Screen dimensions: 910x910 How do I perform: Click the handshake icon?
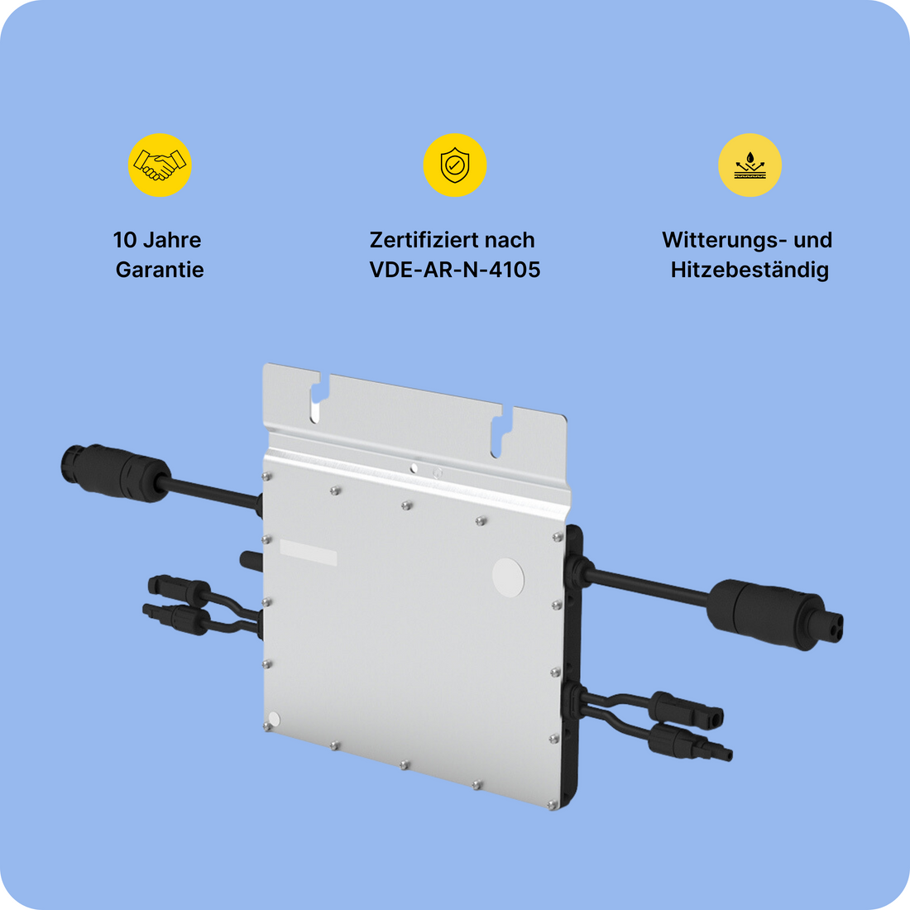160,165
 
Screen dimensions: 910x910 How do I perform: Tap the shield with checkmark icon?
454,165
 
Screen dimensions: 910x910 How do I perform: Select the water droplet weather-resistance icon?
750,165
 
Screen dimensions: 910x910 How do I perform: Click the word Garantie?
160,270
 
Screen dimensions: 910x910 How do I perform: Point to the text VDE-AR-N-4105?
454,270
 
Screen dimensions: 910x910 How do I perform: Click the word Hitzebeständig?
750,270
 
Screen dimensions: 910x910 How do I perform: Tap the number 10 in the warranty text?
125,240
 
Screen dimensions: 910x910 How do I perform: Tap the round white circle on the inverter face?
508,576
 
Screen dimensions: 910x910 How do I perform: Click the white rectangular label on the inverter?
308,552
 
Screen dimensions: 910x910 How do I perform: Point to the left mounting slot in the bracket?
315,399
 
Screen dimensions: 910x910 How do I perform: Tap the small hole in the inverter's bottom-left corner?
275,719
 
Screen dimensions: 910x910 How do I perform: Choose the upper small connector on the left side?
179,589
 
